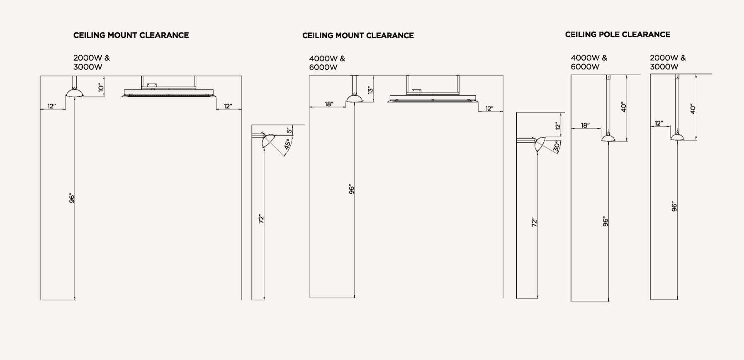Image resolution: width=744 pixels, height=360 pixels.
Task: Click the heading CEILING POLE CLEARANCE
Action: point(617,35)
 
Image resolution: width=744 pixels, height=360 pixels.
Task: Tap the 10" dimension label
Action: point(100,87)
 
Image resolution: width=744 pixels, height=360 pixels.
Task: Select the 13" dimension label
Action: point(370,90)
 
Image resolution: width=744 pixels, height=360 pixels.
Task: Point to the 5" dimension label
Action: point(289,130)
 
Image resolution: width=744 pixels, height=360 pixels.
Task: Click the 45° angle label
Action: point(287,144)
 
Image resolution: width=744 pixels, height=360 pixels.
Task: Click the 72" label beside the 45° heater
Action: point(261,219)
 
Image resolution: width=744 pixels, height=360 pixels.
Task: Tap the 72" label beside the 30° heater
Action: point(534,222)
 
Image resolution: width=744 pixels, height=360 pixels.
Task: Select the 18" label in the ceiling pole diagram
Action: point(585,125)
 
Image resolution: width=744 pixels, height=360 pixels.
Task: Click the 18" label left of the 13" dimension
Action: point(329,104)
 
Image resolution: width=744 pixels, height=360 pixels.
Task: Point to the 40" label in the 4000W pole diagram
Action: point(624,107)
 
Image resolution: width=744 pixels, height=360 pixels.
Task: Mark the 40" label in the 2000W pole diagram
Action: point(693,109)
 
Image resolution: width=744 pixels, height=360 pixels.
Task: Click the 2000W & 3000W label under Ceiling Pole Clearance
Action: point(668,62)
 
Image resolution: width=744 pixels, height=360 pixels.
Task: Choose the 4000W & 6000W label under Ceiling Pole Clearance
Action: point(588,62)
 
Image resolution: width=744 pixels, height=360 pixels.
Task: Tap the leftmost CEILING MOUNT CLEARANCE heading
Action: point(131,35)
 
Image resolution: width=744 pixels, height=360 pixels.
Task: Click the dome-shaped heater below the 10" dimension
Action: point(75,93)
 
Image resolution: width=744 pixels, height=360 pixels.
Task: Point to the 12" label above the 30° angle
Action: point(558,126)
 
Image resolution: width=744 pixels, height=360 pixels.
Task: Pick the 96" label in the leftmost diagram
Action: point(72,198)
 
